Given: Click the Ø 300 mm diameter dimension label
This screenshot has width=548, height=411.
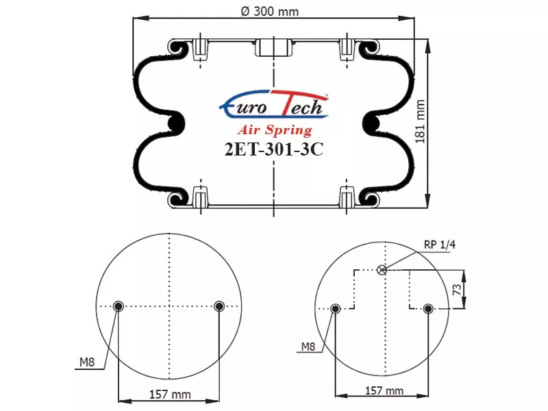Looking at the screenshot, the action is [270, 12].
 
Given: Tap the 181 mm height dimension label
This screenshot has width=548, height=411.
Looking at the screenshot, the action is [420, 122].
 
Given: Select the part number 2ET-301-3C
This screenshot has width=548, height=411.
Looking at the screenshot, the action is [273, 149].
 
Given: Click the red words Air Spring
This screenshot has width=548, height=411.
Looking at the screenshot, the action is [275, 129].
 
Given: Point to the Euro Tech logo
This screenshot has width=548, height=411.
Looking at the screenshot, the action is [273, 104].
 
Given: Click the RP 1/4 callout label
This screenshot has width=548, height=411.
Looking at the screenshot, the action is [440, 245].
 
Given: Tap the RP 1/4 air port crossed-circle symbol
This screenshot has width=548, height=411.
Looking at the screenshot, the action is [382, 270].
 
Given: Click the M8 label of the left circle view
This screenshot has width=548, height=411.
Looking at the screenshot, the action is [87, 362].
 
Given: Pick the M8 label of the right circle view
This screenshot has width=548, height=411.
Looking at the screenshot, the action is [308, 347].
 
